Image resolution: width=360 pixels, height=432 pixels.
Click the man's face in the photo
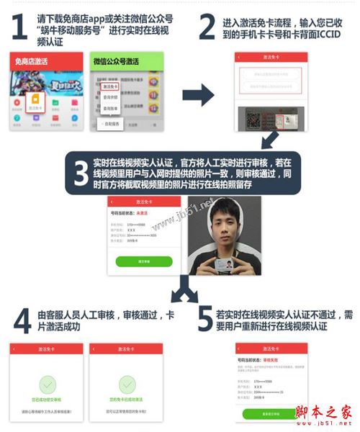pyautogui.click(x=225, y=228)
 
